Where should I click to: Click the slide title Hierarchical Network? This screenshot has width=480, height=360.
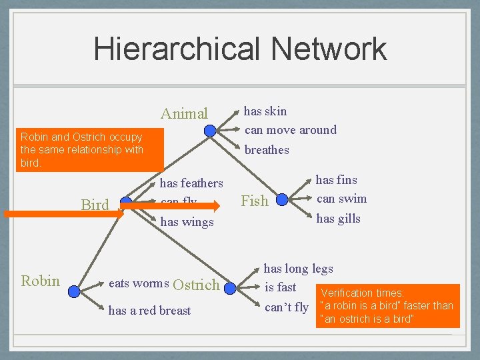tap(240, 49)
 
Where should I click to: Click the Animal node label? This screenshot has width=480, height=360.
tap(184, 114)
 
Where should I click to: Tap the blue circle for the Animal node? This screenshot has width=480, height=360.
tap(210, 131)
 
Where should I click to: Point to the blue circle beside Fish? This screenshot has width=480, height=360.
tap(282, 199)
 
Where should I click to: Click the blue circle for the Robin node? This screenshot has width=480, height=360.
tap(74, 291)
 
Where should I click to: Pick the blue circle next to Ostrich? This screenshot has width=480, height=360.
tap(231, 289)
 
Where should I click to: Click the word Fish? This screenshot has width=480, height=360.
tap(254, 201)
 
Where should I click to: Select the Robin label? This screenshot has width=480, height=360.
tap(41, 281)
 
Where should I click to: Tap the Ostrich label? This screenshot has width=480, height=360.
tap(196, 285)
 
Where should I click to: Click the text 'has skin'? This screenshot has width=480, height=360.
tap(265, 111)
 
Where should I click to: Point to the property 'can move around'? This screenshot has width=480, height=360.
tap(291, 129)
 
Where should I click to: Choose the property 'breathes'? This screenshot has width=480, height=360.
tap(267, 150)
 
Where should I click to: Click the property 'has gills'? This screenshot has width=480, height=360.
tap(338, 219)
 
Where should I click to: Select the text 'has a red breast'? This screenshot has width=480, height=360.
tap(149, 311)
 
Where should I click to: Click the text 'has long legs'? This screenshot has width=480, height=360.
tap(298, 269)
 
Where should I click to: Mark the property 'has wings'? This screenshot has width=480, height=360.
tap(187, 222)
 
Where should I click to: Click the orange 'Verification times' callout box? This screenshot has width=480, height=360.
tap(387, 306)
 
